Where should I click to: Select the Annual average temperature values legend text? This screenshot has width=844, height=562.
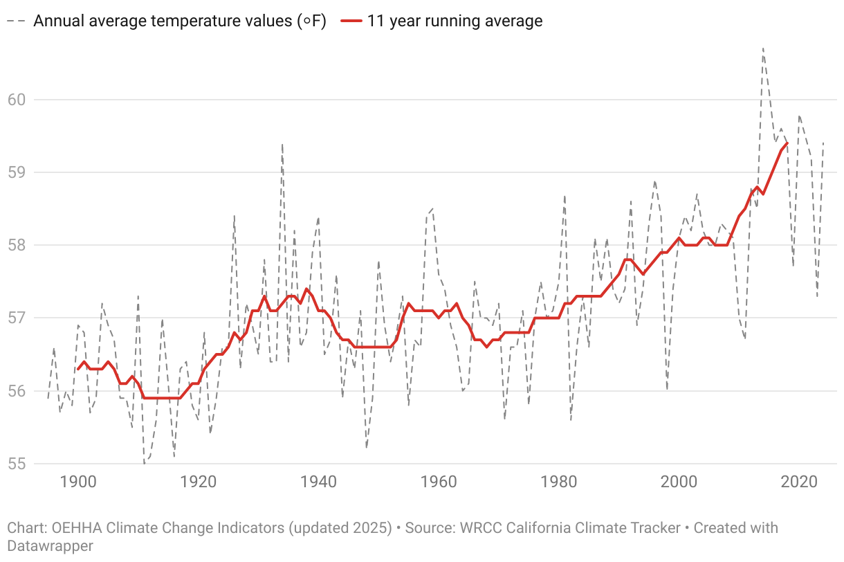coord(180,21)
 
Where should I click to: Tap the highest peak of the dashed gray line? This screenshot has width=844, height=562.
coord(763,48)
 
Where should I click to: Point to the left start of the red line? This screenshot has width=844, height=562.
coord(77,369)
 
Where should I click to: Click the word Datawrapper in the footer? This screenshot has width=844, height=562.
coord(50,545)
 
